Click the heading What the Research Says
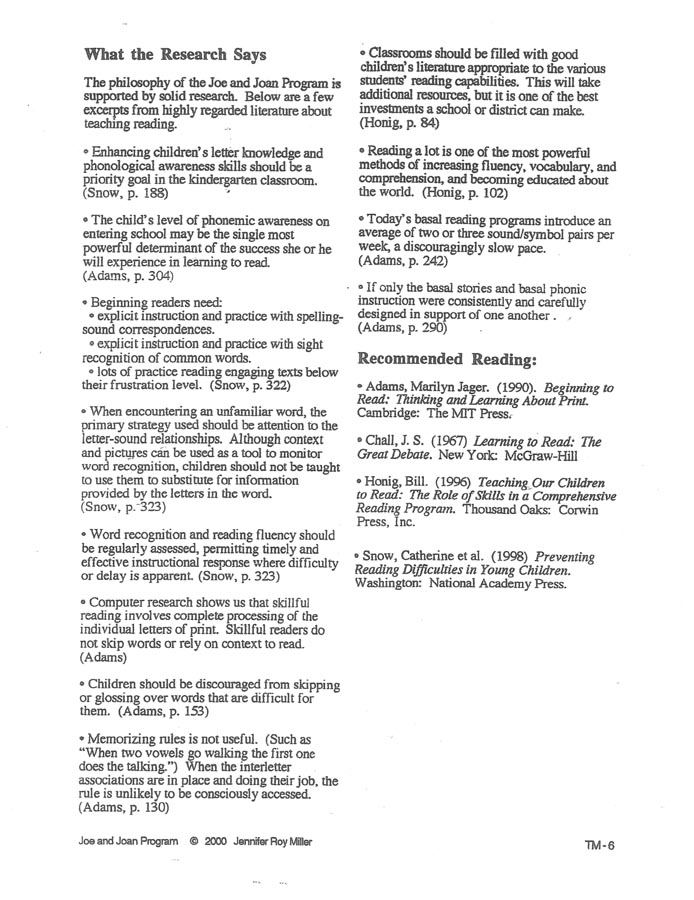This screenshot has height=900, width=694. click(x=176, y=53)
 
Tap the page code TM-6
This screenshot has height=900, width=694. click(x=600, y=845)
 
